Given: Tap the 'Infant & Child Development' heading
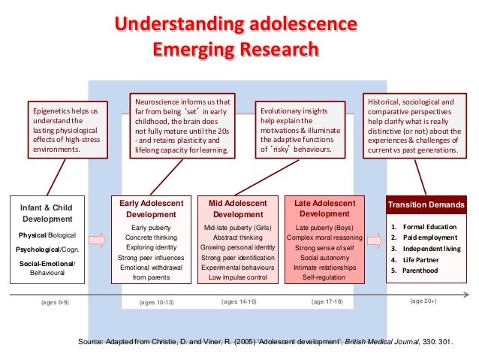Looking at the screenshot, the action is click(47, 213).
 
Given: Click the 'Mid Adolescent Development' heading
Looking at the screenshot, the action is click(238, 208).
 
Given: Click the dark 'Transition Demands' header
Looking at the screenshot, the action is click(423, 204).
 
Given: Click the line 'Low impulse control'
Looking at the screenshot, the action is click(238, 277).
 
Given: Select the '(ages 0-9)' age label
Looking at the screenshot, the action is click(54, 302).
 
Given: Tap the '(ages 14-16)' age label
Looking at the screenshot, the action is click(239, 301).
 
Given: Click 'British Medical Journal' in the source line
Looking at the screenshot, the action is click(380, 341).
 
